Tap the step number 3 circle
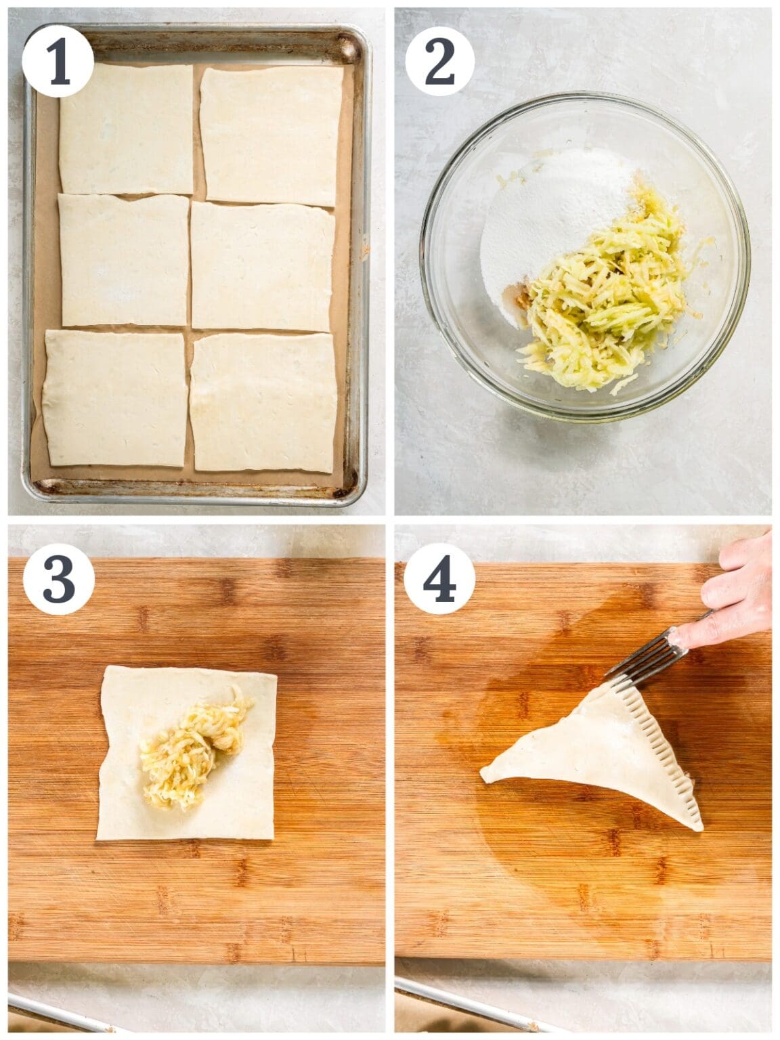pos(58,580)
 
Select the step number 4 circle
pos(440,580)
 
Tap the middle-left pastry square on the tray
pos(125,260)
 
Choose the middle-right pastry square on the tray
pos(263,267)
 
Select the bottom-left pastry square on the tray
pos(115,398)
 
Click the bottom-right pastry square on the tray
pos(264,402)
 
